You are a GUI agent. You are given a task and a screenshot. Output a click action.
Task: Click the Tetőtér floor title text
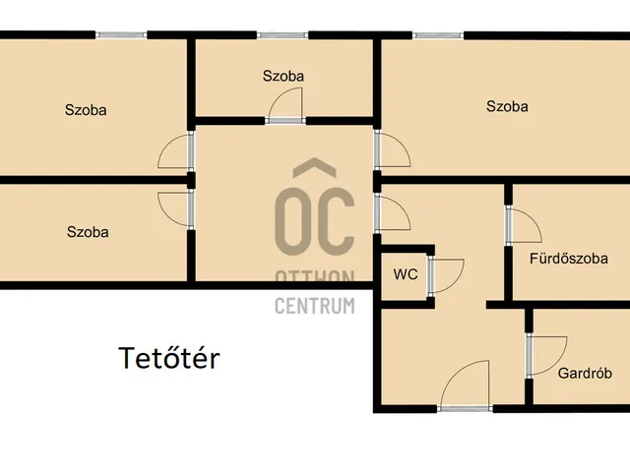click(x=169, y=358)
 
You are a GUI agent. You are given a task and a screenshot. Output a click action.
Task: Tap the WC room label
click(x=406, y=274)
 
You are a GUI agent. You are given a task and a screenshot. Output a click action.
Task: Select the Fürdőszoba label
click(x=569, y=258)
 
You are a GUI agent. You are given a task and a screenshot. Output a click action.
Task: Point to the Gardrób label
click(x=585, y=374)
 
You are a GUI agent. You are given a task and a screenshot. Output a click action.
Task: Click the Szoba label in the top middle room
click(x=283, y=76)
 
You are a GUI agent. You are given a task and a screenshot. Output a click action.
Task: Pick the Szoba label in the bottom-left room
click(x=88, y=232)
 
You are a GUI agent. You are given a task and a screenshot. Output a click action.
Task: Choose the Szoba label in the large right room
click(x=507, y=106)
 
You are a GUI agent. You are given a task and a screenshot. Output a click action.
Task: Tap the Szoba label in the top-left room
click(x=86, y=110)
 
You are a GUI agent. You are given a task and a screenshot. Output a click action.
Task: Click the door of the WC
click(x=446, y=275)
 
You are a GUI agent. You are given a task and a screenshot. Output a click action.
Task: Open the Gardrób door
click(x=546, y=356)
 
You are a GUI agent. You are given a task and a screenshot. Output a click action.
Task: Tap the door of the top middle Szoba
click(x=285, y=105)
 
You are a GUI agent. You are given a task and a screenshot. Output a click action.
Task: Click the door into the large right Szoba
click(x=392, y=148)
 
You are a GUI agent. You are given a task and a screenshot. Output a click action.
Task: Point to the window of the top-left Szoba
click(x=121, y=35)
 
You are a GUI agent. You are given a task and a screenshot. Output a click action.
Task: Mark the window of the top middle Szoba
click(x=283, y=35)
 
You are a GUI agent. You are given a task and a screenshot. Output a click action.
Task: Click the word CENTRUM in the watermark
click(x=315, y=306)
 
